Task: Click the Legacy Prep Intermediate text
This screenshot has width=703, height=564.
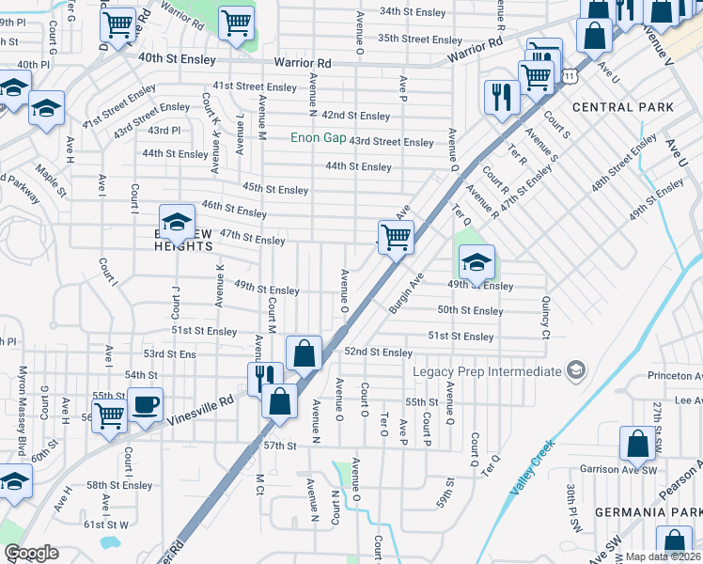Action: (488, 371)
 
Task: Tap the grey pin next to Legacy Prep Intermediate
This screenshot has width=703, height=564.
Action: (574, 371)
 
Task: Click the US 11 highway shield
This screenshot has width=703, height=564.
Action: (570, 74)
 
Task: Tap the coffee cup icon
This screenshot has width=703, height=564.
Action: (145, 405)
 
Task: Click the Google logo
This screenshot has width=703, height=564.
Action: (31, 553)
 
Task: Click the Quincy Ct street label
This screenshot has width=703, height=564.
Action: (545, 317)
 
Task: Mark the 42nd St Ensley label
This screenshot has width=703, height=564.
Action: (355, 116)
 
